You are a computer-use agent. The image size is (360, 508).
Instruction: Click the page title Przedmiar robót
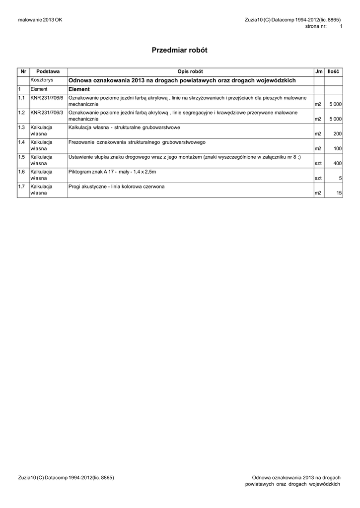point(179,50)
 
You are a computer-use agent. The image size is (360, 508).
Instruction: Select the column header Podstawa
point(48,72)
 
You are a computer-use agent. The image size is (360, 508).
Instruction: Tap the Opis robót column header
point(190,72)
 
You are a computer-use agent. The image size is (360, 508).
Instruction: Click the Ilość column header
point(333,72)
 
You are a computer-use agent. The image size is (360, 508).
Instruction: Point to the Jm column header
point(318,72)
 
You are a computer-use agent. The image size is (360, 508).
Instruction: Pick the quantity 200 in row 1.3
point(337,134)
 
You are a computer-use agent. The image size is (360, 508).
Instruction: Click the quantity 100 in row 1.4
point(337,148)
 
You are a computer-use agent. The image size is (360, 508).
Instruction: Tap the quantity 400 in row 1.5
point(337,163)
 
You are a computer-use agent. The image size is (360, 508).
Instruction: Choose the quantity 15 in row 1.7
point(339,193)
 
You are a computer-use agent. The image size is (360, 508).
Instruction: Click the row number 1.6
point(21,172)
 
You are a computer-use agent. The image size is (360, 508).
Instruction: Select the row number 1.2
point(21,113)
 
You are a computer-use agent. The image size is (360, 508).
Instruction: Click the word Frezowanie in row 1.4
point(81,142)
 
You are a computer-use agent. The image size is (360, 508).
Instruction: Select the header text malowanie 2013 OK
point(40,19)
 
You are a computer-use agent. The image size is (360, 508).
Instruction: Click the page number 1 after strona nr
point(341,26)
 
